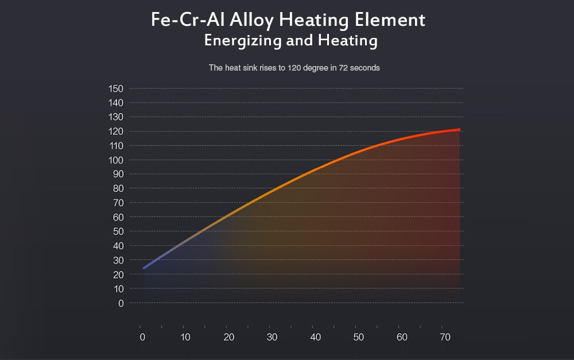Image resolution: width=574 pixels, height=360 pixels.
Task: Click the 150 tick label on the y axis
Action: point(116,88)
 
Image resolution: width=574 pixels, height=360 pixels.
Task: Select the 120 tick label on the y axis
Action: point(116,131)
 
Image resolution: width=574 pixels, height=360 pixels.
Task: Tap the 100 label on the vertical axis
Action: point(116,160)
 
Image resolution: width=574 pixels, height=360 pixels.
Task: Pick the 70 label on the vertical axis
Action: point(118,203)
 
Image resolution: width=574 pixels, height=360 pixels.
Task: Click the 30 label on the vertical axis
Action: point(118,260)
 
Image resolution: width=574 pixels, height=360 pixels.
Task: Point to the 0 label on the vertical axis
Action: point(121,303)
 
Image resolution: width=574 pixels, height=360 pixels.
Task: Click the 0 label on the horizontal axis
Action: point(142,336)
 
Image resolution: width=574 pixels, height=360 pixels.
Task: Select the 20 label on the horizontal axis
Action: point(228,336)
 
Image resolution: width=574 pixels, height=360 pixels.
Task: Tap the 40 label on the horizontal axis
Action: point(315,336)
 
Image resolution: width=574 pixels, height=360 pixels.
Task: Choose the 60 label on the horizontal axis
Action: point(402,336)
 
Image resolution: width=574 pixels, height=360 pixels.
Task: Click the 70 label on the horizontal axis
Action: point(445,336)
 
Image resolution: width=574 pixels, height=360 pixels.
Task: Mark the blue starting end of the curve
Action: point(144,268)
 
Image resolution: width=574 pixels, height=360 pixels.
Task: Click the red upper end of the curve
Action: point(459,130)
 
